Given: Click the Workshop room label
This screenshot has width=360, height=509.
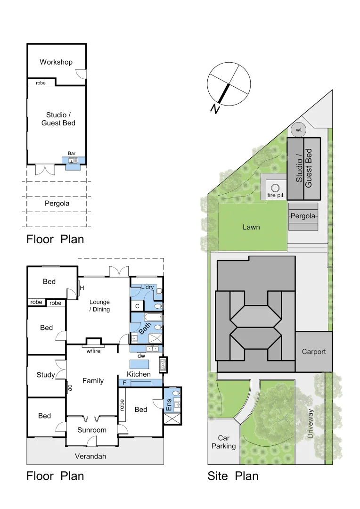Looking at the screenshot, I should (56, 62).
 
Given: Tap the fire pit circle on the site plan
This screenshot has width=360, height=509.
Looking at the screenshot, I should (275, 188).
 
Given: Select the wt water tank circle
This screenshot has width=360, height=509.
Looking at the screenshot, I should (298, 130).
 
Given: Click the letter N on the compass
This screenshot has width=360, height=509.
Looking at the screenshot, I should (215, 109).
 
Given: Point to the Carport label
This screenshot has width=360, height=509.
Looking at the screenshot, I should (314, 352).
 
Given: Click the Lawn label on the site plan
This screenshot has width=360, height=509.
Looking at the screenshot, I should (251, 227).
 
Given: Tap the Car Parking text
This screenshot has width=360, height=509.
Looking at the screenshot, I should (223, 442).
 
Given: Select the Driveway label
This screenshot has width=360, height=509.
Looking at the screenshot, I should (311, 424).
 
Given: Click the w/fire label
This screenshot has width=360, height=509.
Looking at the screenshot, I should (95, 350).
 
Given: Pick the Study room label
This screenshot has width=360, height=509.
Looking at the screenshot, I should (46, 375).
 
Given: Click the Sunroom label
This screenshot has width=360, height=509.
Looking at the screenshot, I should (92, 430).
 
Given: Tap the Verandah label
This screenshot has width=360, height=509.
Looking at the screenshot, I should (90, 456).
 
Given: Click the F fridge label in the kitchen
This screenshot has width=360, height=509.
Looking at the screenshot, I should (124, 383).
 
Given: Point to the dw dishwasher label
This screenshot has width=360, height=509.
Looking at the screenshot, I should (141, 356).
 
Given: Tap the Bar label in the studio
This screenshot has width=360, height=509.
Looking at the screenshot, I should (72, 153).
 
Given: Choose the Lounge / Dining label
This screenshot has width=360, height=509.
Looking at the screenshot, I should (99, 306).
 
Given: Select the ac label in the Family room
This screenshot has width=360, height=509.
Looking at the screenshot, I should (70, 387).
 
